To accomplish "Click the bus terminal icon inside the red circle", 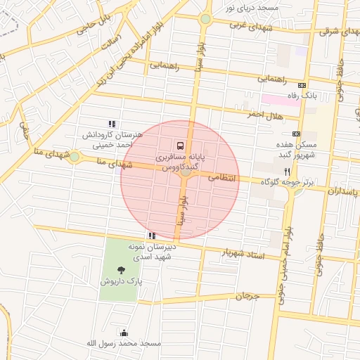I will pos(181,146).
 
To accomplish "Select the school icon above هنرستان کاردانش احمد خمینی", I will pos(112,124).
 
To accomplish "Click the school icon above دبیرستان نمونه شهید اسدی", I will pos(151,236).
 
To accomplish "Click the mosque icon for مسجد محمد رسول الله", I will pos(124,333).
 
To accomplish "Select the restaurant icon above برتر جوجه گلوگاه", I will pos(286,171).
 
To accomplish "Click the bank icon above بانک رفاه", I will pos(302,84).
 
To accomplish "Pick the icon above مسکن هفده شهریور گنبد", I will pos(296,134).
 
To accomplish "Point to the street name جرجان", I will pos(247,297).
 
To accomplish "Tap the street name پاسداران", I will pos(342,191).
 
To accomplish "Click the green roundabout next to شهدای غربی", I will pos(205,20).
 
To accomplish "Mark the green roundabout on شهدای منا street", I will pos(74,156).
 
